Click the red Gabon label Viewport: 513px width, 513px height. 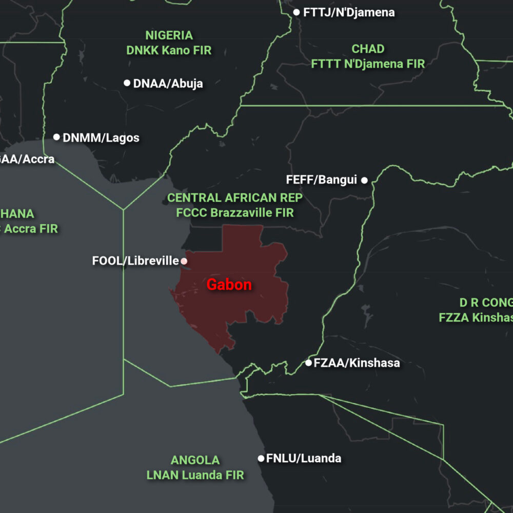coord(229,285)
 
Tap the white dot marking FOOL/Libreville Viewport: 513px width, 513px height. coord(184,261)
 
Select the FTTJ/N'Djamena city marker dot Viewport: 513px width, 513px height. coord(297,12)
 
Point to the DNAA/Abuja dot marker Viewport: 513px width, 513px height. coord(127,83)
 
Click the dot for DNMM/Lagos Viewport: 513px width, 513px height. coord(56,137)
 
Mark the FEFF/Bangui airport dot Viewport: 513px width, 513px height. coord(364,180)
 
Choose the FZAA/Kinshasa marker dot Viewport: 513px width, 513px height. coord(308,363)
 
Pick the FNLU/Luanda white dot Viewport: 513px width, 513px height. coord(261,458)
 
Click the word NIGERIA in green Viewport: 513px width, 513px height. coord(169,35)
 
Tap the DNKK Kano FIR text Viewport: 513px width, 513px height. coord(169,51)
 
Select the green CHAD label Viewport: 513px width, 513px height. coord(368,49)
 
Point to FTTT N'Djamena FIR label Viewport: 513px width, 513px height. coord(368,64)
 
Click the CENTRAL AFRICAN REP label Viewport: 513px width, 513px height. coord(235,198)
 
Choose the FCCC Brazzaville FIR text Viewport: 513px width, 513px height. coord(235,213)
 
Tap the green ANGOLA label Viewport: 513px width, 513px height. coord(195,460)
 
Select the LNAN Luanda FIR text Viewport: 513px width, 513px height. coord(195,475)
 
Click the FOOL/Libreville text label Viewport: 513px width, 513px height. coord(135,261)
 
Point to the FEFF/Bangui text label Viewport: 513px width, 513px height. coord(322,180)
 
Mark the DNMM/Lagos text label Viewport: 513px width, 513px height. coord(101,137)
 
